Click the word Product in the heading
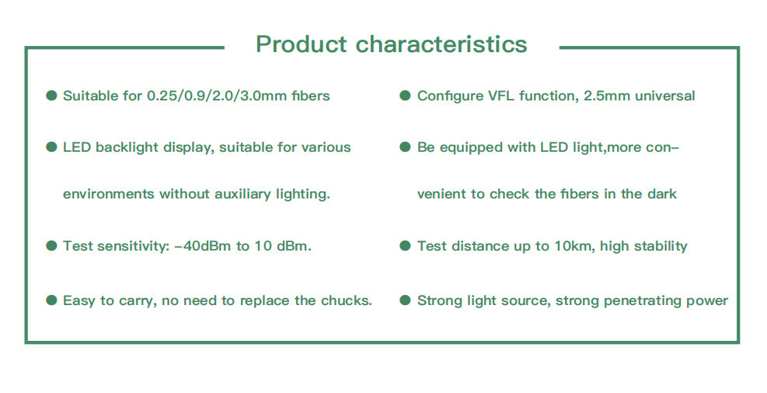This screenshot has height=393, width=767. (302, 44)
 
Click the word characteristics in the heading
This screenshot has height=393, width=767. (441, 44)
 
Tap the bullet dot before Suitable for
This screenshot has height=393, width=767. (51, 96)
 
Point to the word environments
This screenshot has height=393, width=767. (109, 194)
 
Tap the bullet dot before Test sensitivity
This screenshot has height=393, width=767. (51, 245)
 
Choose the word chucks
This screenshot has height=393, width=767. (347, 300)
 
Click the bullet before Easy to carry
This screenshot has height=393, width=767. (51, 300)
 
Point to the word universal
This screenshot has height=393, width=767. (664, 96)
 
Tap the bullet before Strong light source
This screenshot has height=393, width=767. (405, 300)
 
